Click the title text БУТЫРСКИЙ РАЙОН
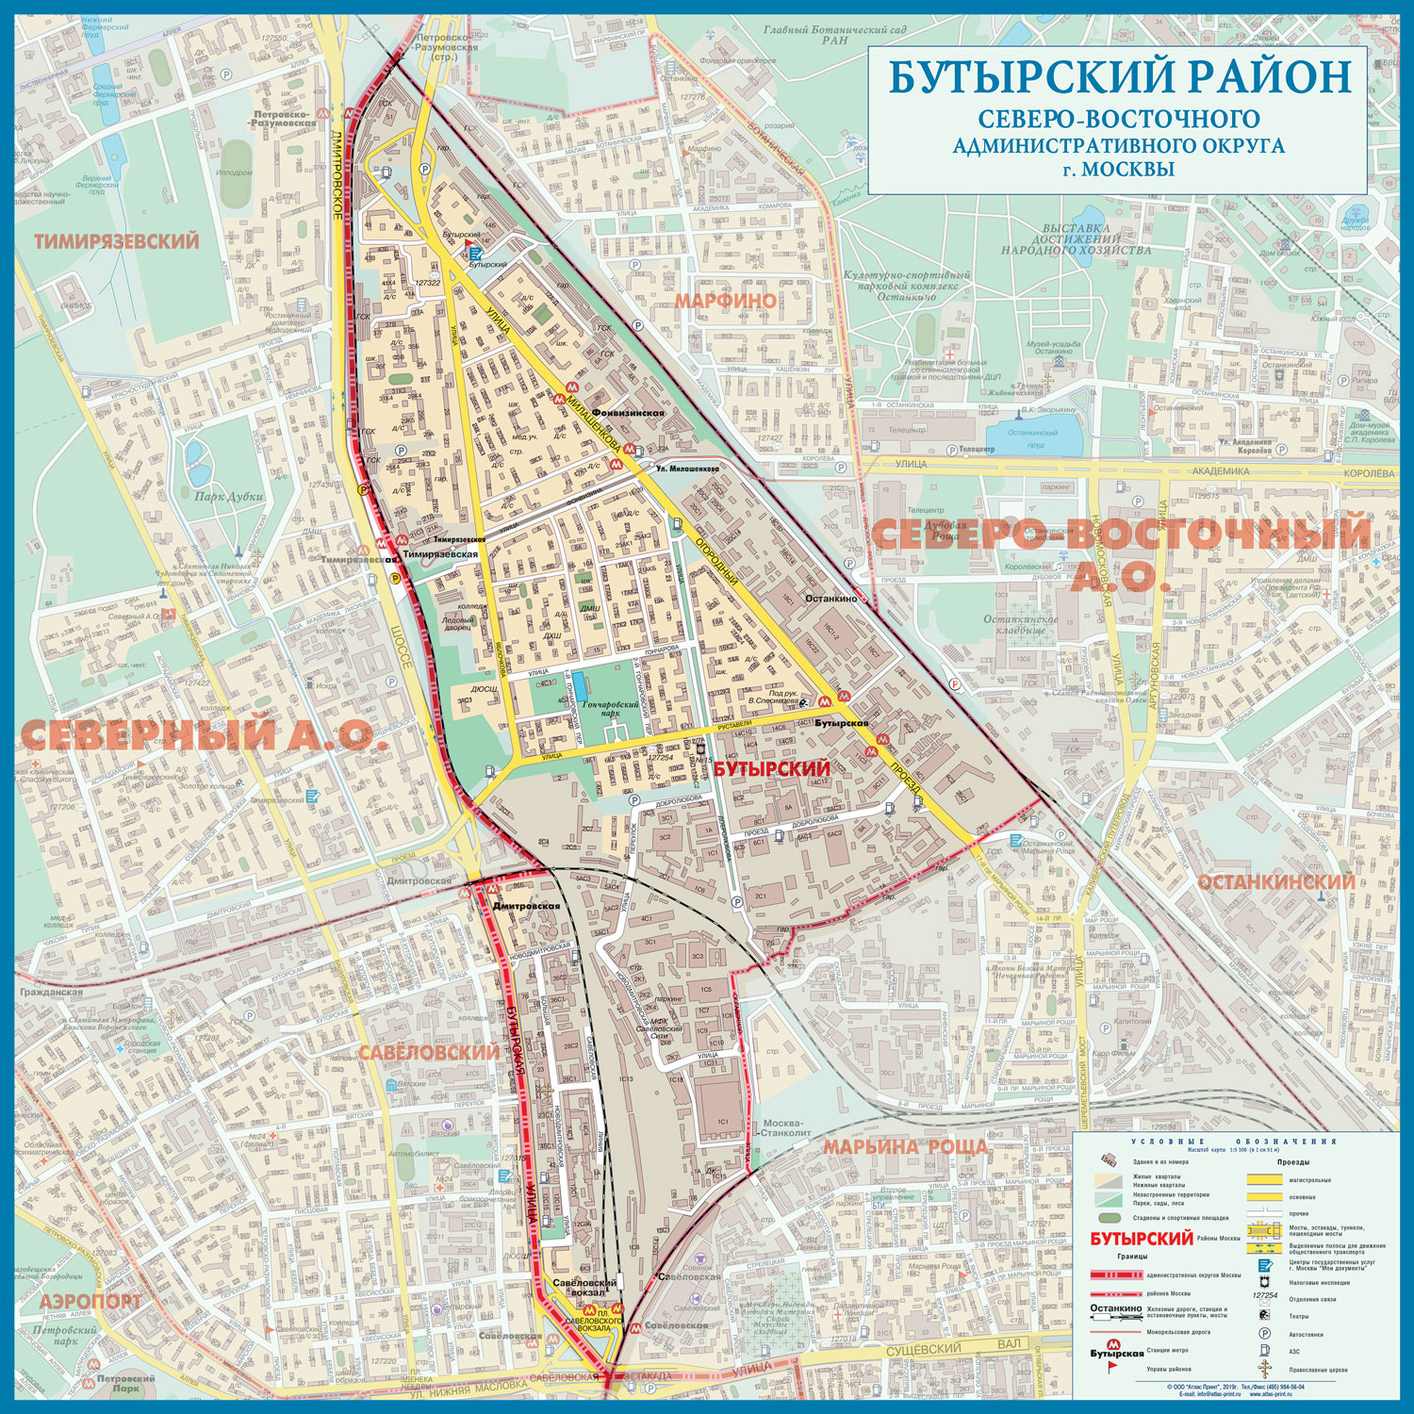point(1120,76)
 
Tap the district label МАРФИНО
point(725,301)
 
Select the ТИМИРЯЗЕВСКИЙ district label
point(117,241)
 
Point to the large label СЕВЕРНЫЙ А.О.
point(204,735)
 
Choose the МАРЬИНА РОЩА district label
point(906,1147)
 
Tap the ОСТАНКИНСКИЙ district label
point(1276,882)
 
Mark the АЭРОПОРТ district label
point(91,1301)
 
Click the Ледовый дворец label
point(458,625)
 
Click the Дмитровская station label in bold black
point(526,906)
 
